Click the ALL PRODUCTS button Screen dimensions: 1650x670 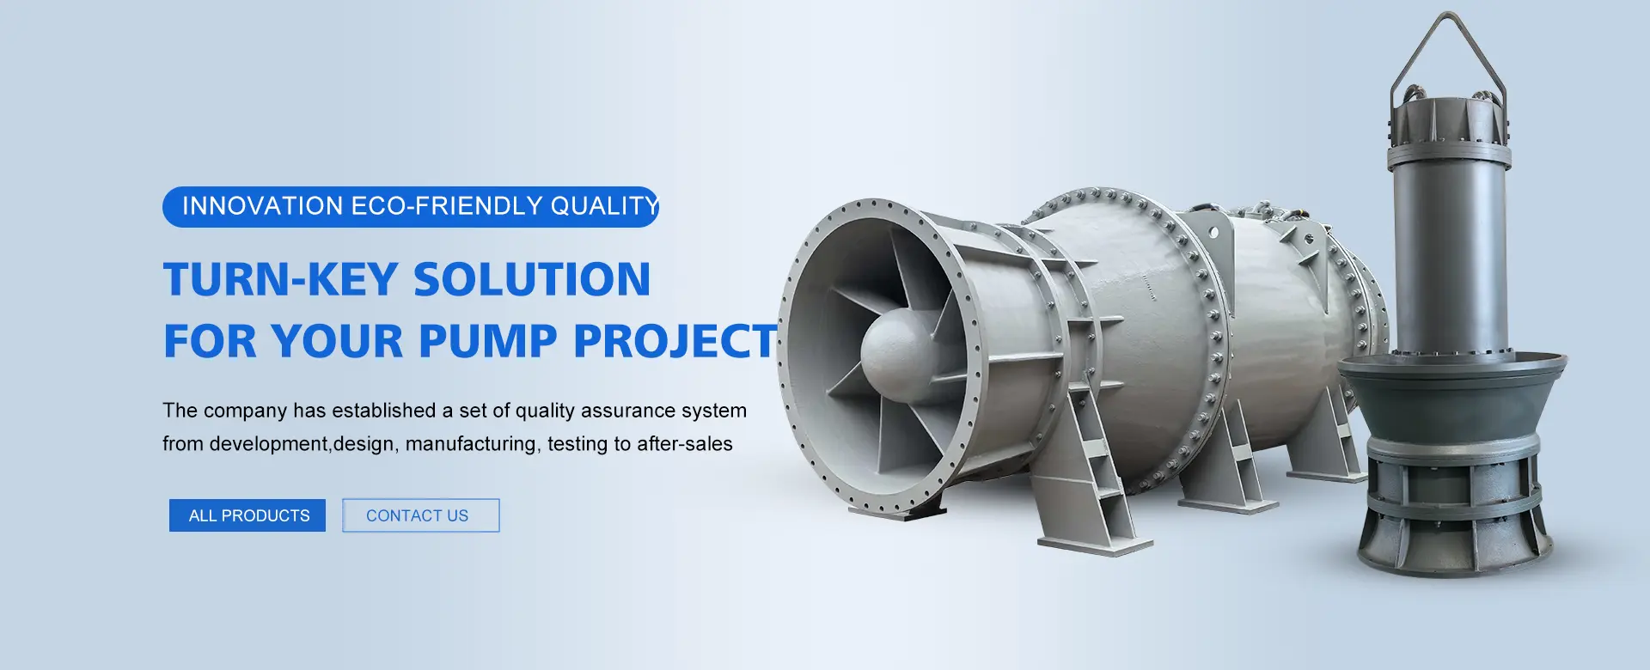pyautogui.click(x=247, y=515)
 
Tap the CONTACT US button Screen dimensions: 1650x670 pyautogui.click(x=420, y=515)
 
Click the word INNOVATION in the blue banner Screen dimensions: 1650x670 pyautogui.click(x=263, y=206)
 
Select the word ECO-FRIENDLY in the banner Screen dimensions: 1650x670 pyautogui.click(x=447, y=206)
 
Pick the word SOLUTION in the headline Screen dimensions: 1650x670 pyautogui.click(x=532, y=280)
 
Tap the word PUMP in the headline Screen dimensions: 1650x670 pyautogui.click(x=487, y=341)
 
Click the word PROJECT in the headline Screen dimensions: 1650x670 pyautogui.click(x=675, y=341)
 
